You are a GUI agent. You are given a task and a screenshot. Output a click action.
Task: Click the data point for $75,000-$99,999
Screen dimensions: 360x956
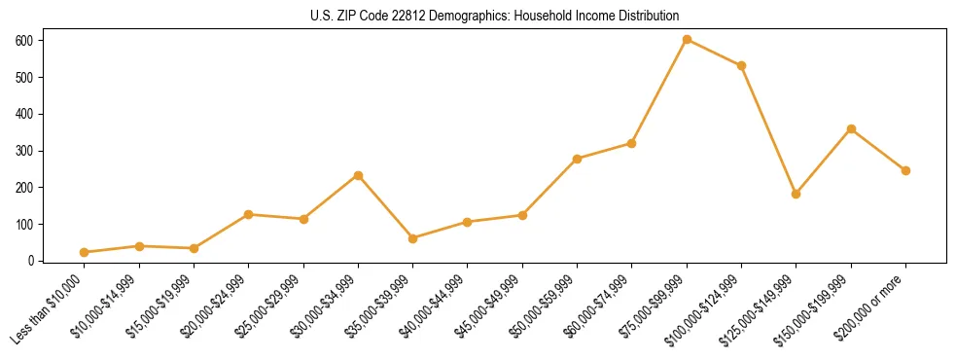point(687,40)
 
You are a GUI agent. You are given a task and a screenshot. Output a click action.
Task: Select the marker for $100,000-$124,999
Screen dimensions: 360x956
point(741,65)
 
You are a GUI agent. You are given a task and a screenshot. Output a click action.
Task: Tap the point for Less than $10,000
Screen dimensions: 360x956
point(85,252)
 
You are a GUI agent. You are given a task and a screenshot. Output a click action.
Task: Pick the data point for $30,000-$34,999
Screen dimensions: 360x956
point(358,175)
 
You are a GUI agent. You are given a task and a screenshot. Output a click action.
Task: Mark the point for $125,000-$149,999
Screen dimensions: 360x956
point(797,194)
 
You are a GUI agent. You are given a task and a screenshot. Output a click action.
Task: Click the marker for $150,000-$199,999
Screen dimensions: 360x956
point(851,128)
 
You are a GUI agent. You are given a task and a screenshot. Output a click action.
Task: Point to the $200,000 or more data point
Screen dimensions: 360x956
point(905,170)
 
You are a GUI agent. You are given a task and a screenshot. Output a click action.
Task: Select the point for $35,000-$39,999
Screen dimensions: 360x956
point(413,238)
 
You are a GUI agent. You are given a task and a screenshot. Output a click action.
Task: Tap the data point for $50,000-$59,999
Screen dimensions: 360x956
point(578,159)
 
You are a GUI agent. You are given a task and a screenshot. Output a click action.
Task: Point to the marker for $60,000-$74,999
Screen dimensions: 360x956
point(632,143)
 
